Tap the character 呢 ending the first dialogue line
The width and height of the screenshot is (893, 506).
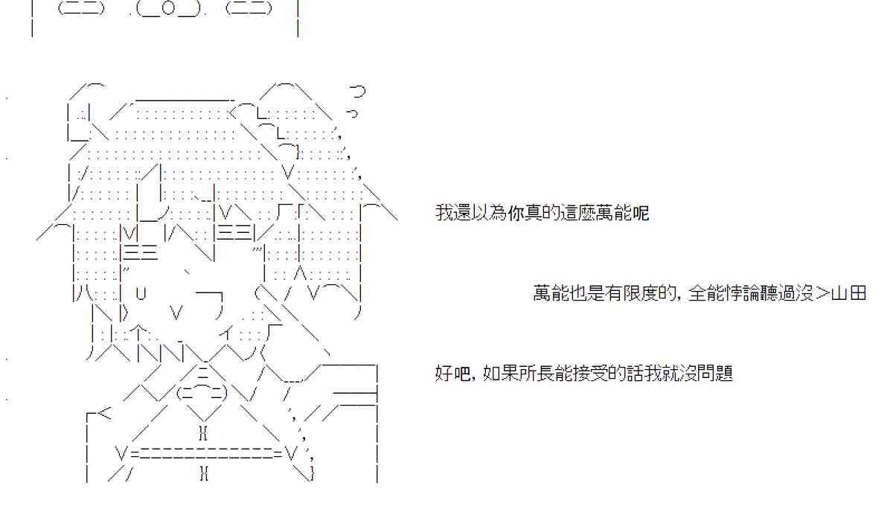pos(640,214)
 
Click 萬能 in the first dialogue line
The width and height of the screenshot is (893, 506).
pos(612,214)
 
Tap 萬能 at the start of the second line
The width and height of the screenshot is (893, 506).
pos(551,293)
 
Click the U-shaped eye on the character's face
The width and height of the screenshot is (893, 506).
pos(141,293)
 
